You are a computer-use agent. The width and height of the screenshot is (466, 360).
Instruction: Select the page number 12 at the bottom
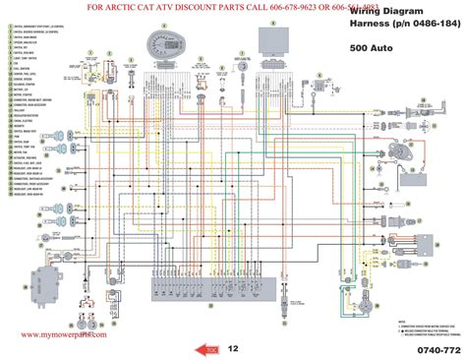(x=233, y=348)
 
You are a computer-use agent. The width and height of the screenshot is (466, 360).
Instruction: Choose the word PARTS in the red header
(x=233, y=7)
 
